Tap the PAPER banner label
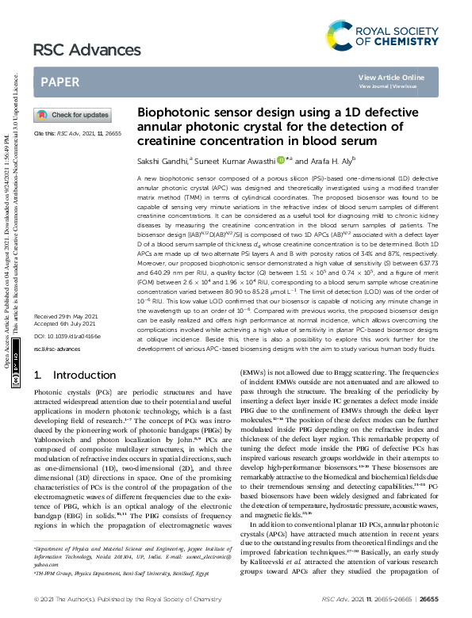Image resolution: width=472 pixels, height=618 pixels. [x=59, y=82]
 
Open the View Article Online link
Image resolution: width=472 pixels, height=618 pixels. [x=391, y=77]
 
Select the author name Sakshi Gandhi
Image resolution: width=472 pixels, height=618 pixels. [x=162, y=161]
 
